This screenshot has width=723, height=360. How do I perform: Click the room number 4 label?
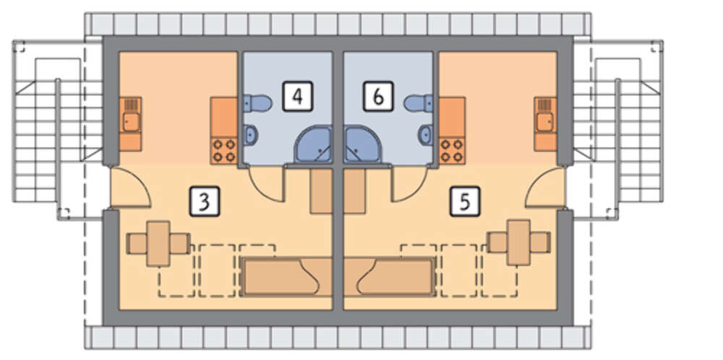tap(298, 96)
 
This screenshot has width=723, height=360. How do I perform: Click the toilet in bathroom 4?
tap(257, 103)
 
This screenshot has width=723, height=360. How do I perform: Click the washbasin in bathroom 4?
tap(250, 134)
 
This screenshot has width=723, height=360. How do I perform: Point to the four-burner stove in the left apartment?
tap(223, 150)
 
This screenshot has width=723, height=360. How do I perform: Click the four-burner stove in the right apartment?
tap(452, 150)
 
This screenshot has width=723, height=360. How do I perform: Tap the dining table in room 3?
tap(158, 244)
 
